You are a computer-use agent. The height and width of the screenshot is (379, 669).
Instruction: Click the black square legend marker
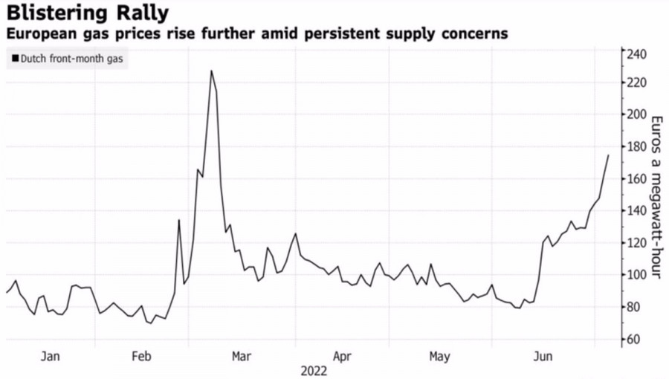click(15, 59)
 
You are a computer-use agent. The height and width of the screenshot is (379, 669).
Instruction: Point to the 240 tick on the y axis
click(636, 54)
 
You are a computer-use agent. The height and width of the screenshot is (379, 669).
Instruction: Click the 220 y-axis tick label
click(636, 82)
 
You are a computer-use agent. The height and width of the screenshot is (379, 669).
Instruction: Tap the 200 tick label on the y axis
click(636, 114)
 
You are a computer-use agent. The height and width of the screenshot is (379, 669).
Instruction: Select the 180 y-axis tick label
click(636, 146)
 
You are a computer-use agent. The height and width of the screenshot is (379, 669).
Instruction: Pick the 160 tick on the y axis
click(636, 179)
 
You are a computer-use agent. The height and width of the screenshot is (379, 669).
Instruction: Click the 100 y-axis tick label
click(636, 275)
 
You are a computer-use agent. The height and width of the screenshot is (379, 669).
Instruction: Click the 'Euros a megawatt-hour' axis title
click(656, 198)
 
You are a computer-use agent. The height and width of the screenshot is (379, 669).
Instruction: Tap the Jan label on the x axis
click(51, 357)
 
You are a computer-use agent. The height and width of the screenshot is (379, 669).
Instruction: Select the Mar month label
click(242, 357)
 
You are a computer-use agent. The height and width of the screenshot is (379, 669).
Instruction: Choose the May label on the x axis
click(439, 357)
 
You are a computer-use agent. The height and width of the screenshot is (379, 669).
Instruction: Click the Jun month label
click(543, 357)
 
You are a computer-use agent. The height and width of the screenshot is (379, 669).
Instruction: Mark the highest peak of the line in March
click(211, 71)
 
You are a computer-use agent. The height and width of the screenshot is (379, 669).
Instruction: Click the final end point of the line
click(608, 155)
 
